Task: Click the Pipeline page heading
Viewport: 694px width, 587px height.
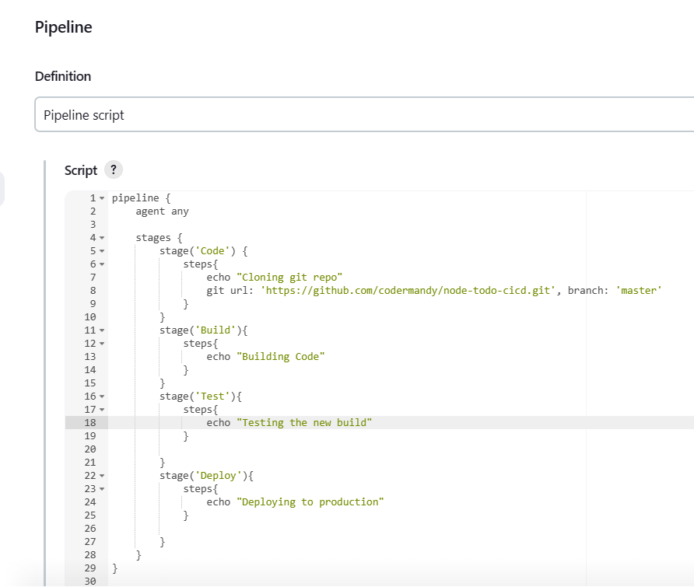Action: pos(63,27)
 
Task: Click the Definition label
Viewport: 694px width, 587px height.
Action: pos(63,76)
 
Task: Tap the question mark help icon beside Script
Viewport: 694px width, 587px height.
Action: pos(114,169)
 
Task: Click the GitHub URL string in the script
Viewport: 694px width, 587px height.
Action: pos(408,291)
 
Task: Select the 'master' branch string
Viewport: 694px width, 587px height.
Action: pos(639,291)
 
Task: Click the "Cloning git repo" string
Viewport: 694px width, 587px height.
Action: pos(289,278)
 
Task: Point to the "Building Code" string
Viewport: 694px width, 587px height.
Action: pos(281,357)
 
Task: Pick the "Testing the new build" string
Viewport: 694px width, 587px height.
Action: pos(304,423)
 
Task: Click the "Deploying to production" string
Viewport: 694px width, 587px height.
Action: pos(310,502)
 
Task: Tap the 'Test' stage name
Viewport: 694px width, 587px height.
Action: pos(212,397)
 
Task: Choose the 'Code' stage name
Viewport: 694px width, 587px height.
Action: pos(212,251)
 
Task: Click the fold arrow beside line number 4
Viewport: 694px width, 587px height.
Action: pos(102,238)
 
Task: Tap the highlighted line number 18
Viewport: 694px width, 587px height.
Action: pos(89,423)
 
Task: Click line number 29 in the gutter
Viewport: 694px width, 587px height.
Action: pos(89,568)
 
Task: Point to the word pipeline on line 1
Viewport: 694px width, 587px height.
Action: pos(135,198)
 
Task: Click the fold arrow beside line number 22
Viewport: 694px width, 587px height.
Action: pos(102,476)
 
